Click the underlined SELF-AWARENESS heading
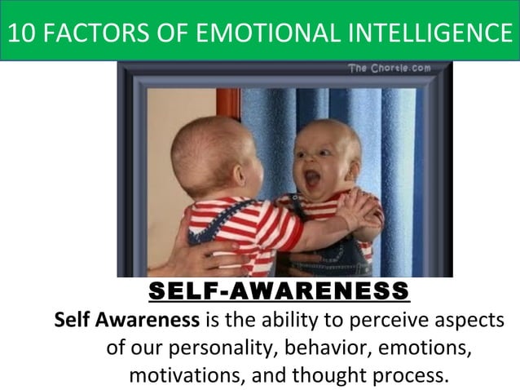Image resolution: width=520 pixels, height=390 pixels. pyautogui.click(x=279, y=290)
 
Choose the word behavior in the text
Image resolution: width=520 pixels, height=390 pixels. pyautogui.click(x=330, y=348)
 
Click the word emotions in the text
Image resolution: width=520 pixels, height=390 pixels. pyautogui.click(x=431, y=348)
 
